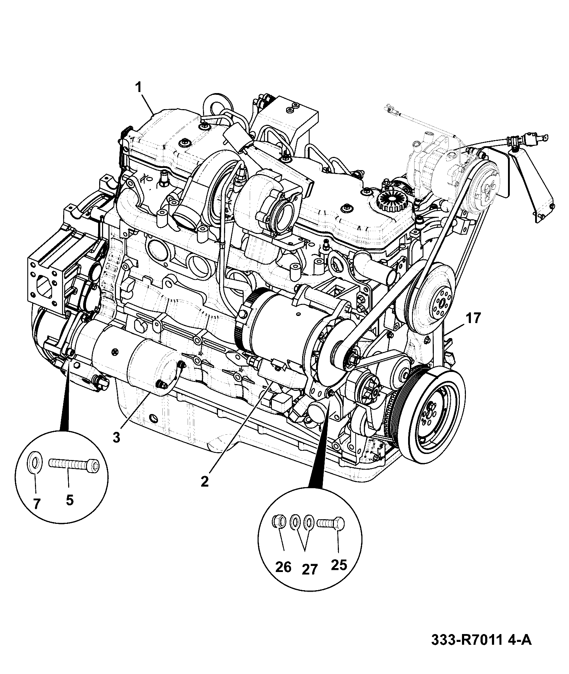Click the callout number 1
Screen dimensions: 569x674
click(x=139, y=88)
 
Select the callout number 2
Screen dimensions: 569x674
click(x=204, y=481)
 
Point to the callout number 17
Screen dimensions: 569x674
click(x=473, y=318)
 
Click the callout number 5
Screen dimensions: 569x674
click(x=70, y=500)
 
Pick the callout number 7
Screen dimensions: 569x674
click(x=37, y=503)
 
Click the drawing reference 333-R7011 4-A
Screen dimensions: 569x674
click(x=482, y=650)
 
